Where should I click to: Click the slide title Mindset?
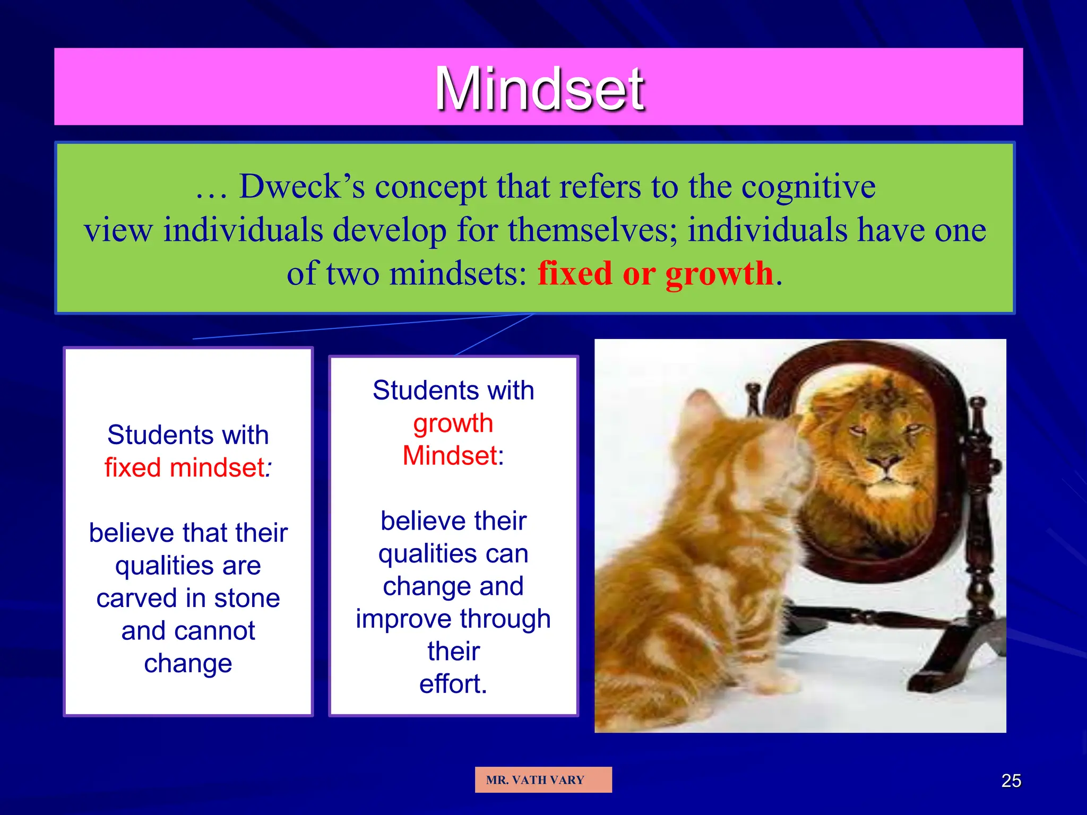coord(539,88)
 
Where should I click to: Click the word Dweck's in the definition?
coord(302,187)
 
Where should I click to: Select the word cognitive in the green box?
coord(808,187)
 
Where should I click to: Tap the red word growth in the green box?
coord(719,274)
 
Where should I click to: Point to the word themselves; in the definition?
coord(593,230)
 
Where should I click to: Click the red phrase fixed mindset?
coord(185,467)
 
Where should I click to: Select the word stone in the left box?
coord(247,598)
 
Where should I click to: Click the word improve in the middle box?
coord(403,619)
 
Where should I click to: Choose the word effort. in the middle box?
coord(453,683)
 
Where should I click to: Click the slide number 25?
coord(1011,781)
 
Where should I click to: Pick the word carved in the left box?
coord(136,598)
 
